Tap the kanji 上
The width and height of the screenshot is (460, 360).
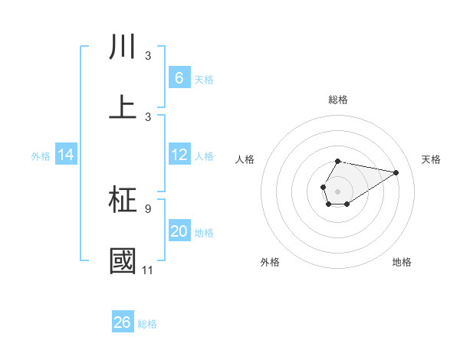pos(123,107)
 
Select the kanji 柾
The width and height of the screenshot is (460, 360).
pos(123,201)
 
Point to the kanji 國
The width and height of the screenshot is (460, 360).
pos(123,261)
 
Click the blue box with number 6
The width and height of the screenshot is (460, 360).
pos(179,78)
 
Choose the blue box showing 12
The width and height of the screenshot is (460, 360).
pos(179,155)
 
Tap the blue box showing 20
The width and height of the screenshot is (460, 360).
pos(179,231)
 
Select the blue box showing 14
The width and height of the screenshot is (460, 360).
pos(66,155)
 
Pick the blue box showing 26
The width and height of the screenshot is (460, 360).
pos(123,322)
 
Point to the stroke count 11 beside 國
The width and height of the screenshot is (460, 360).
pos(148,270)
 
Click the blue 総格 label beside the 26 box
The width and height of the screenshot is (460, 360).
pos(147,324)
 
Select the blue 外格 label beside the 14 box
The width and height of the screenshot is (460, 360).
pos(41,155)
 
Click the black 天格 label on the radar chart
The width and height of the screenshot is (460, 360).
pos(431,159)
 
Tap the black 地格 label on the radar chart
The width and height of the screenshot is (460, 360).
pos(402,262)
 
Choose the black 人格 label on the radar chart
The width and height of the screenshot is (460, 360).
pos(245,159)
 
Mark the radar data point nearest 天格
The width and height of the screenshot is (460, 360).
pos(396,172)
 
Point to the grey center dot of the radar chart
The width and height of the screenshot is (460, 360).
pos(338,190)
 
